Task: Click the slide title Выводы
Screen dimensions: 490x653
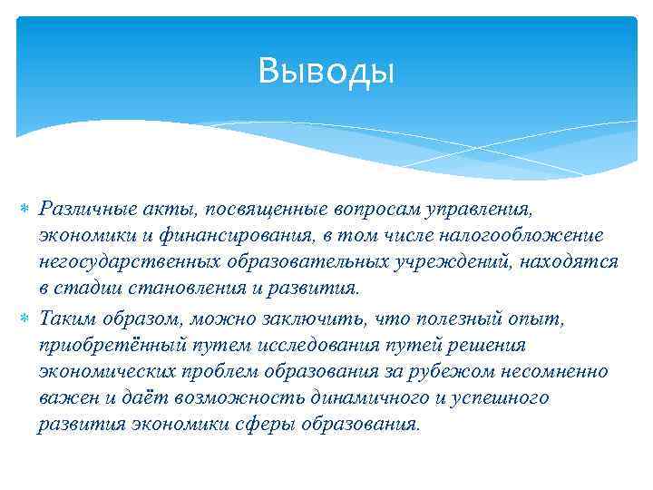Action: pyautogui.click(x=326, y=70)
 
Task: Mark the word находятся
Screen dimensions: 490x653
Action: pyautogui.click(x=571, y=262)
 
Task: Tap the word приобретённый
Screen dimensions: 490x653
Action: pyautogui.click(x=98, y=346)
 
